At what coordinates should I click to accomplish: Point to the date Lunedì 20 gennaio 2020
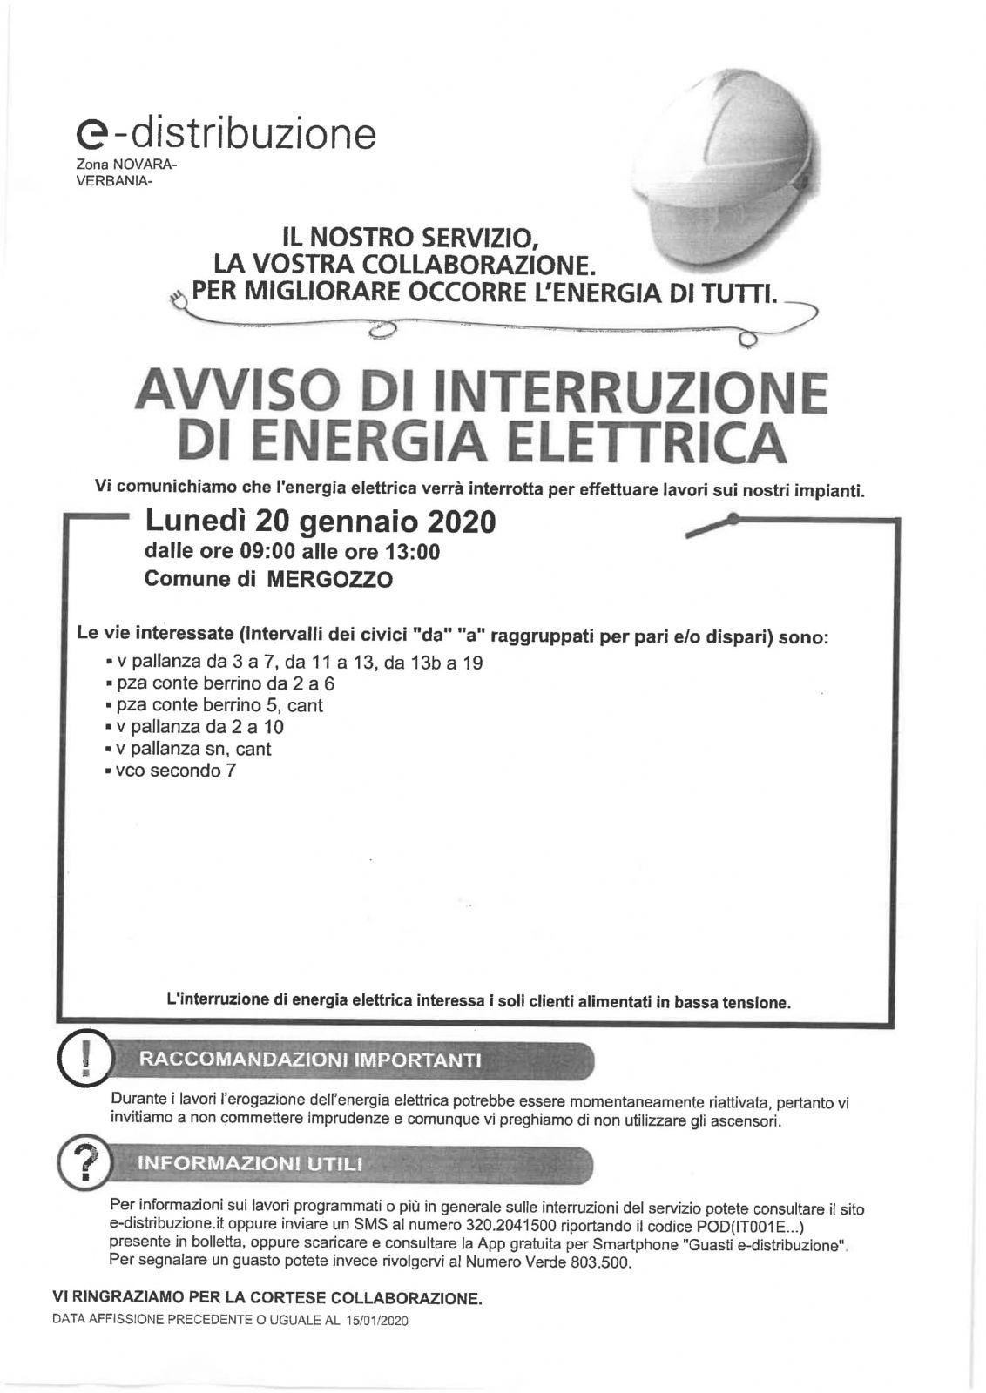(x=320, y=521)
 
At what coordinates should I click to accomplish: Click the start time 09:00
(x=259, y=552)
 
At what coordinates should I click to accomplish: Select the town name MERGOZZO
(x=329, y=580)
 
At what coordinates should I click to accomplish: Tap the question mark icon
(x=84, y=1162)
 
